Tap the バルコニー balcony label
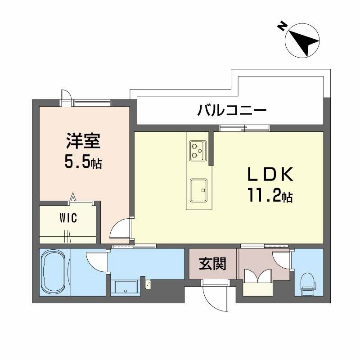point(232,110)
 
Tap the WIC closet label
point(68,219)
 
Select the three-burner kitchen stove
point(198,150)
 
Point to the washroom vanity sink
point(126,287)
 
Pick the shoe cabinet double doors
point(257,275)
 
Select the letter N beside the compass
point(282,26)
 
